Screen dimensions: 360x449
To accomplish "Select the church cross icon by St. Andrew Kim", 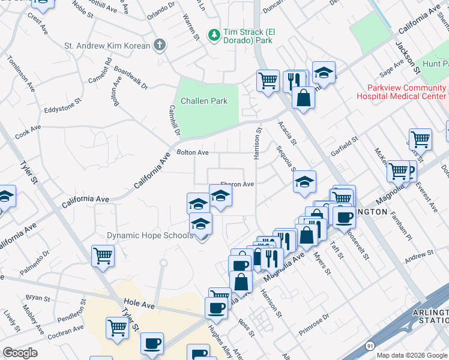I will click(x=159, y=44).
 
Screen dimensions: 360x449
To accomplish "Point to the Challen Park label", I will click(x=203, y=101).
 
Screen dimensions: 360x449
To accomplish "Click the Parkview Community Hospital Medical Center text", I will click(x=402, y=91).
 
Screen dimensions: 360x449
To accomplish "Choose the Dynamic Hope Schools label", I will click(x=150, y=235).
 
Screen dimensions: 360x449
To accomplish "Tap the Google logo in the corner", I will click(x=20, y=353).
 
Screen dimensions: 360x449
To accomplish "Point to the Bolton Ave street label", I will click(x=192, y=153).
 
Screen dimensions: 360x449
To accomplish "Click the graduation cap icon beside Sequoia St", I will click(x=305, y=182).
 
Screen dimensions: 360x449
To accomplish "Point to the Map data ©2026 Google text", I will click(x=412, y=355).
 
